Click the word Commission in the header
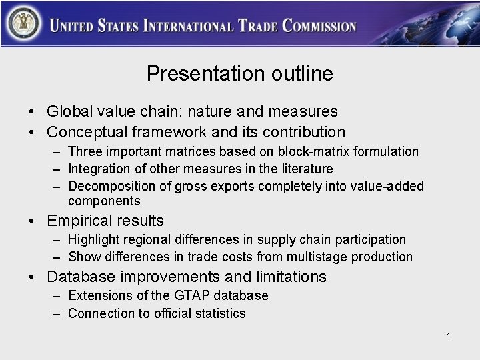pos(319,27)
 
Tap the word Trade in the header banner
pos(257,27)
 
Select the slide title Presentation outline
pos(240,73)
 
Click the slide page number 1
pos(449,336)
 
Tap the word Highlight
pos(94,239)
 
